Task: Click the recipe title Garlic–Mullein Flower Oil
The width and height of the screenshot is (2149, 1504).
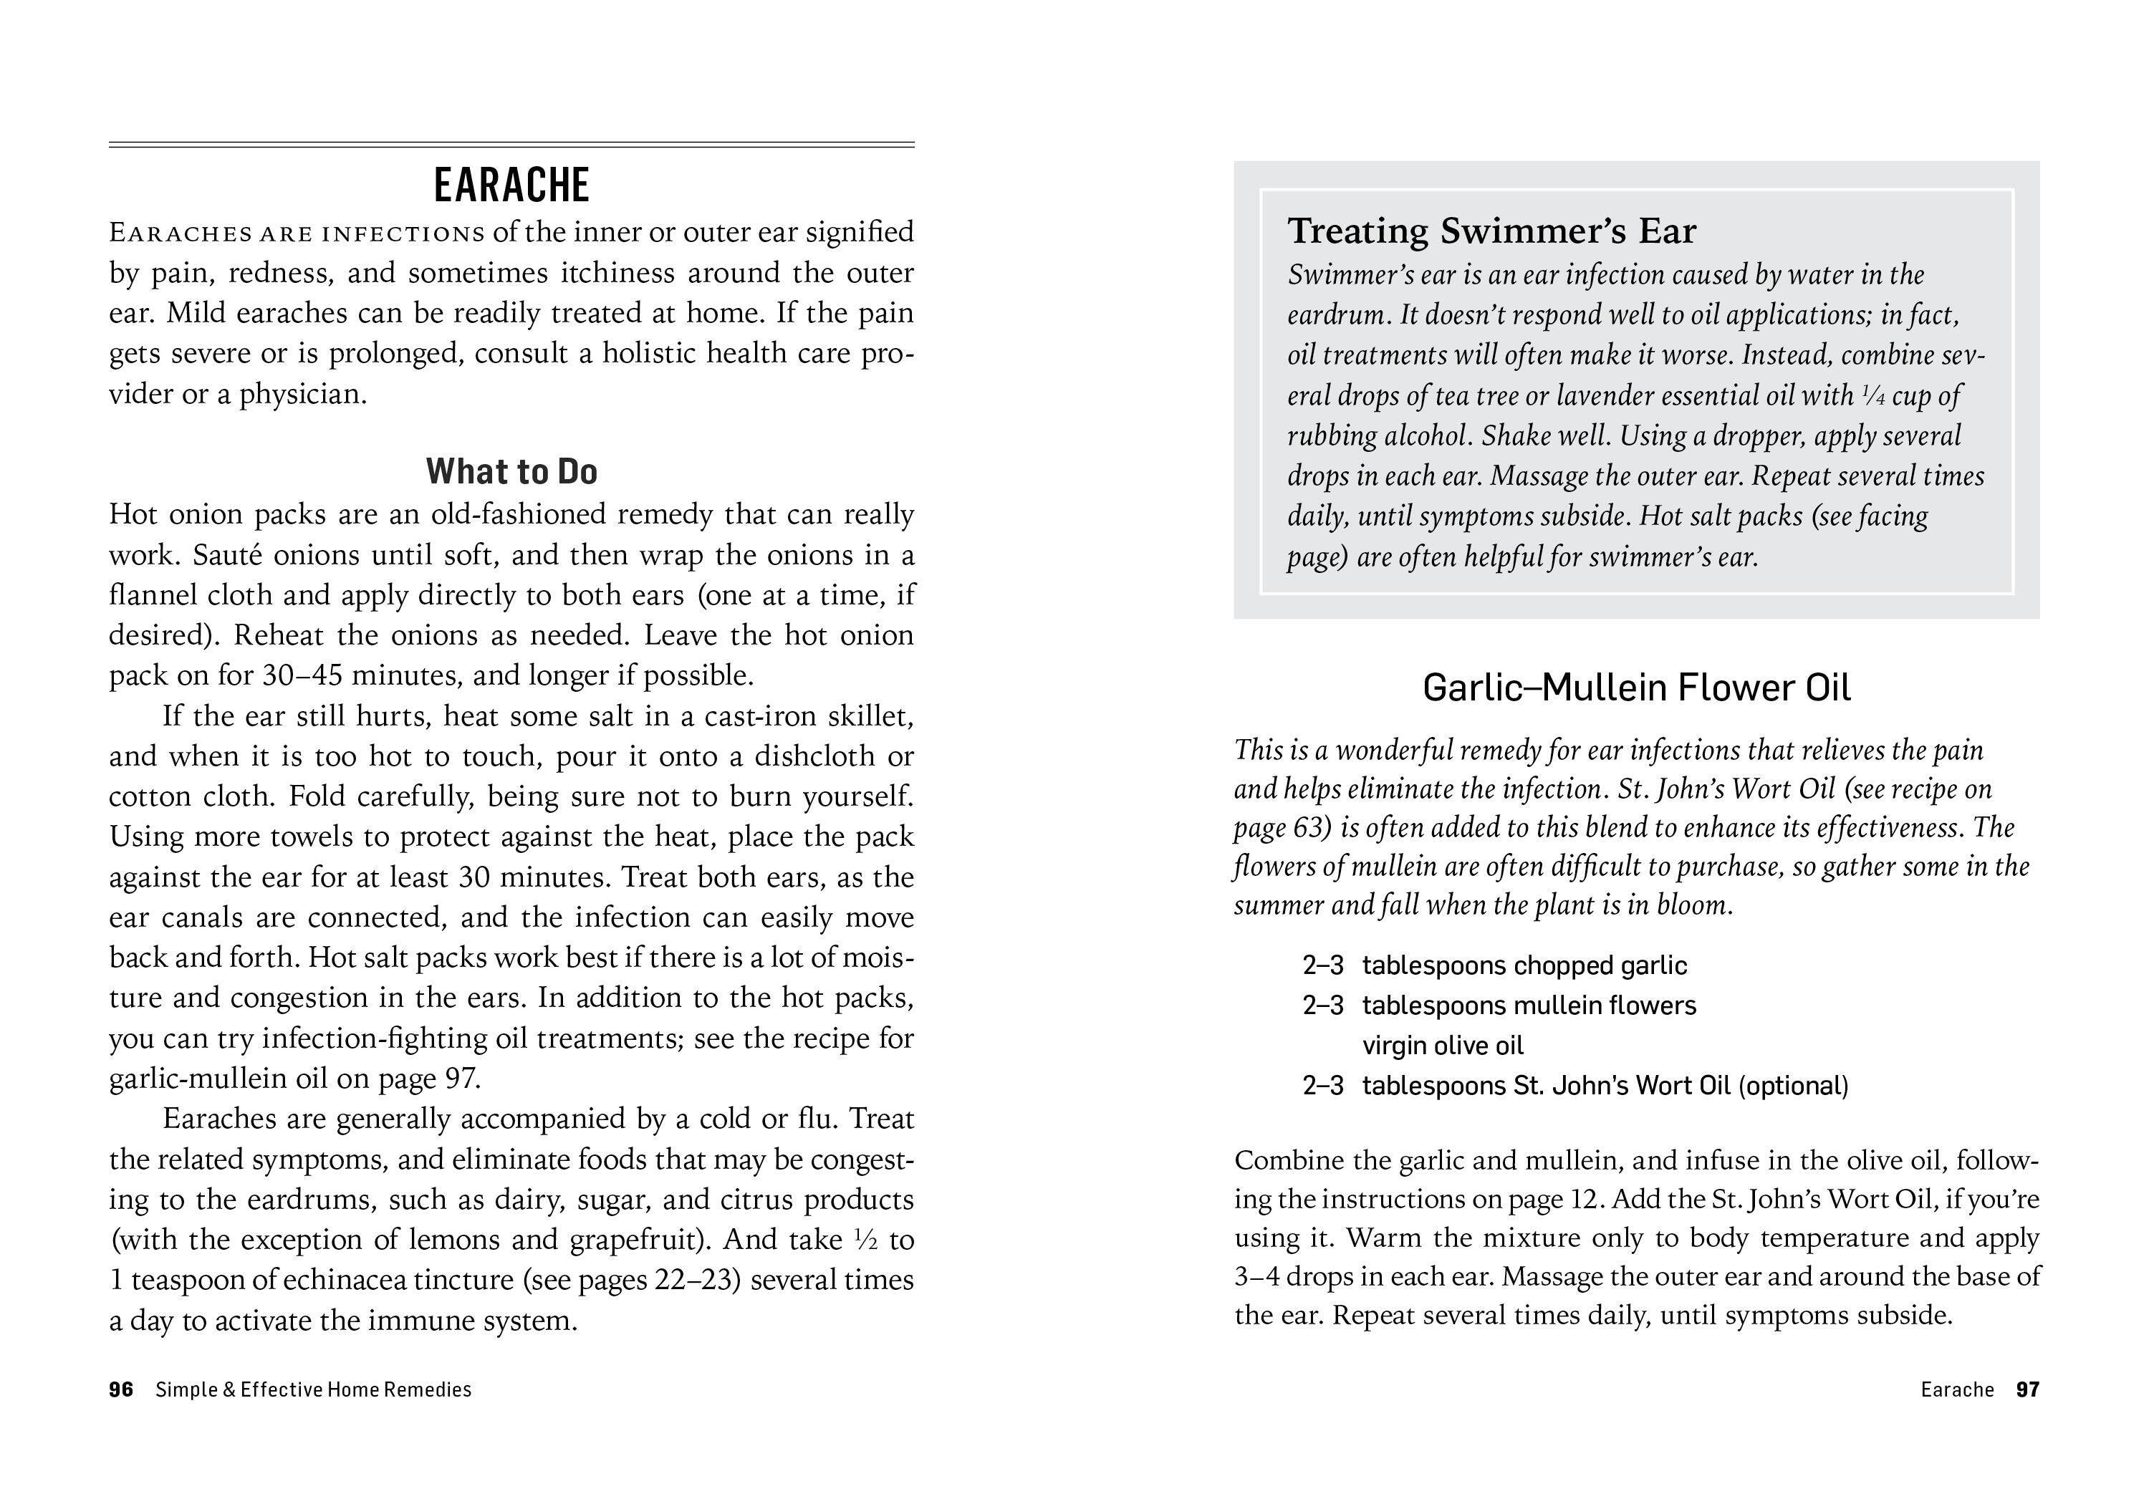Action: [1636, 688]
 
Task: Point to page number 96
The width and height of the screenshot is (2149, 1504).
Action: [121, 1390]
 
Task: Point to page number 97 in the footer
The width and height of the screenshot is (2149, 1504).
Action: [2027, 1390]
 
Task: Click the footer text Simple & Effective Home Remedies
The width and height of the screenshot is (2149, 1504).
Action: [314, 1390]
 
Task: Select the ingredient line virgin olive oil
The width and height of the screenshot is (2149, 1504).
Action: [1443, 1046]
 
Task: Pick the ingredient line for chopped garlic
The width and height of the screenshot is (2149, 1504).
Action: [1524, 966]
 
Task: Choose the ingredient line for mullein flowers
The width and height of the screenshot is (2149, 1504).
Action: [1529, 1006]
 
